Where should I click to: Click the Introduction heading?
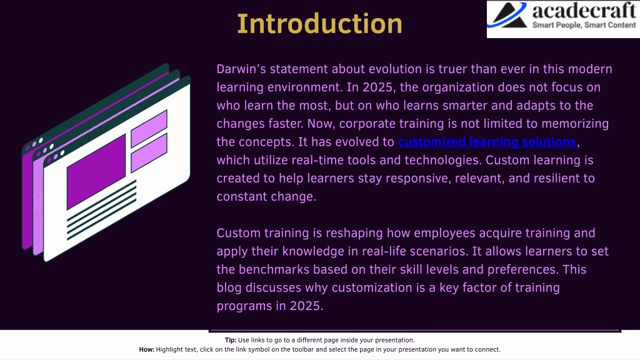[319, 24]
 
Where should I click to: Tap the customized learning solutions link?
[487, 142]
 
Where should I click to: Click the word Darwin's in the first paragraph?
[241, 69]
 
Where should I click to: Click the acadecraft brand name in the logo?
[584, 11]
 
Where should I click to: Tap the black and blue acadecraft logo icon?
[507, 16]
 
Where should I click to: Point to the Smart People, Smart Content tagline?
[584, 25]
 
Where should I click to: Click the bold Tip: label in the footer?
[231, 340]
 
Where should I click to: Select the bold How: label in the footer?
[146, 349]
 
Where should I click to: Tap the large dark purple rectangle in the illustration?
[96, 171]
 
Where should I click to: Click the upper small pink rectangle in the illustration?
[149, 129]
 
